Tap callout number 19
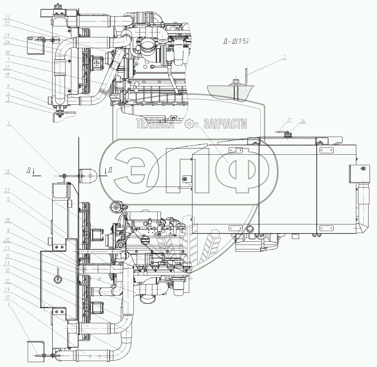[7, 220]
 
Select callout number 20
[7, 240]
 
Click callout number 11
[7, 256]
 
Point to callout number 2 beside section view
[284, 57]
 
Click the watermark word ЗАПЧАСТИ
[226, 124]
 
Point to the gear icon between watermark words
[189, 123]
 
